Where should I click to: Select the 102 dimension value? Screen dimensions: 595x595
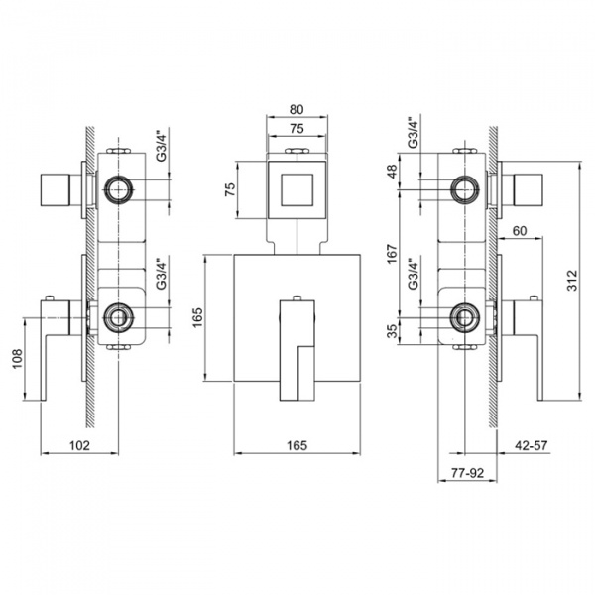[x=81, y=446]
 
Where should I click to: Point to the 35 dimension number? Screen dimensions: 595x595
[x=393, y=329]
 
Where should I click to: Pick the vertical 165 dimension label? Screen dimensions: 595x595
[x=197, y=318]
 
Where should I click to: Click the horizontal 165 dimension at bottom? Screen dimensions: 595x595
[x=297, y=446]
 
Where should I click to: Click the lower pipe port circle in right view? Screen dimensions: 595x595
[x=462, y=317]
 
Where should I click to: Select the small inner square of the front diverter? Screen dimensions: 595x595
[x=297, y=187]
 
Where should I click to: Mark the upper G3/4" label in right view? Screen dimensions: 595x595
[x=412, y=134]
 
